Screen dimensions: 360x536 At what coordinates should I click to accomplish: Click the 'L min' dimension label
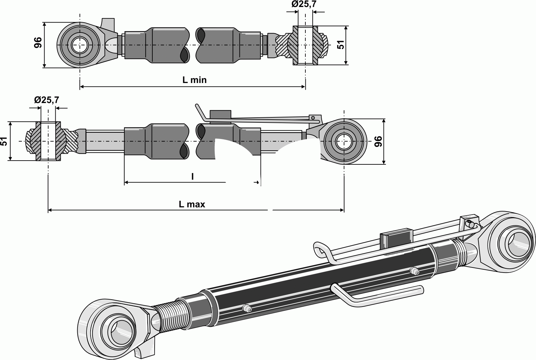click(x=194, y=80)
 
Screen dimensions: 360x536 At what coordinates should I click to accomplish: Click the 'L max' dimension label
click(x=192, y=204)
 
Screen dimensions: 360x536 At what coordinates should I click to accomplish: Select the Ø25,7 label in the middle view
click(x=46, y=100)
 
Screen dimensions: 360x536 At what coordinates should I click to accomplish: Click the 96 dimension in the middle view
click(x=378, y=141)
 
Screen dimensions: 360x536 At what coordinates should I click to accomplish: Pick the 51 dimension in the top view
click(x=340, y=45)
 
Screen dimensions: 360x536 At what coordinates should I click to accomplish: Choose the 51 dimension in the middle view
click(x=4, y=141)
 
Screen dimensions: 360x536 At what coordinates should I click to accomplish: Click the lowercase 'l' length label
click(x=192, y=177)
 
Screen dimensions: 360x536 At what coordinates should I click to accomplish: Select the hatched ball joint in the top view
click(x=305, y=45)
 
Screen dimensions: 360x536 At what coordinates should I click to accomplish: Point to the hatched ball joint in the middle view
click(x=48, y=141)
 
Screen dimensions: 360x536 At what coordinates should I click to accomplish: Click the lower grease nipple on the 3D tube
click(x=246, y=308)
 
